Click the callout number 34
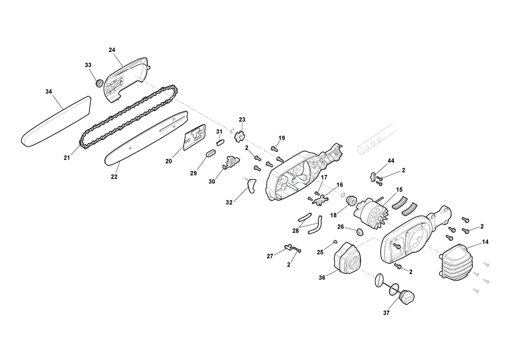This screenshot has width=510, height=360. [x=48, y=92]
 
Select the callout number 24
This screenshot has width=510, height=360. [x=112, y=50]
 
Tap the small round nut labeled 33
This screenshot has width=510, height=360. [x=99, y=83]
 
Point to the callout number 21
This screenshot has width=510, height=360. [x=67, y=158]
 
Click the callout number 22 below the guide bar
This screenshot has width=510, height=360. [x=114, y=177]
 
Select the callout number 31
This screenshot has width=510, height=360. [x=219, y=132]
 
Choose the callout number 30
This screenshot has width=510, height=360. [x=212, y=182]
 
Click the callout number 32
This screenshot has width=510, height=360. [x=229, y=202]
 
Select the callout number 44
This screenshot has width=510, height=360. [x=391, y=161]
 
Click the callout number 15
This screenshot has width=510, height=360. [x=399, y=190]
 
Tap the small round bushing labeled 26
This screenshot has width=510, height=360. [x=360, y=232]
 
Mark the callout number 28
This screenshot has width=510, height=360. [x=295, y=230]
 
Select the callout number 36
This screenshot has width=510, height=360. [x=322, y=278]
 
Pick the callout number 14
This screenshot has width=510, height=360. [x=486, y=242]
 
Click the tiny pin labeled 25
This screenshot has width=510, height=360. [x=335, y=241]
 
